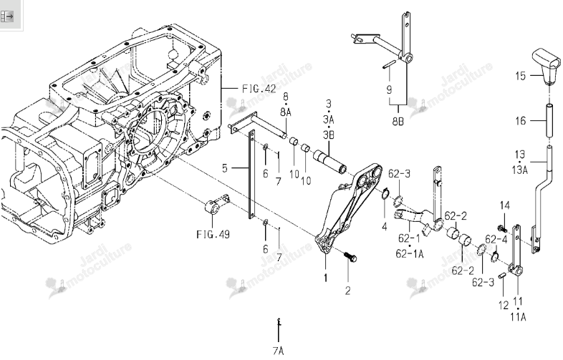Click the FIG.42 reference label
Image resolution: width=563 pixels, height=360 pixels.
[x=259, y=88]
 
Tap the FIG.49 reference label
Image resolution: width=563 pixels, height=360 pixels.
[x=213, y=235]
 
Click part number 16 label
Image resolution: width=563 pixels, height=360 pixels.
[x=521, y=121]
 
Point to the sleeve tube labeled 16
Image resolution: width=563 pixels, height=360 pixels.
[x=549, y=120]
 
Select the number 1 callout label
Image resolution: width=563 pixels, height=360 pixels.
[x=326, y=278]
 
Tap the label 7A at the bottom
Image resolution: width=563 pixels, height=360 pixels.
[x=278, y=350]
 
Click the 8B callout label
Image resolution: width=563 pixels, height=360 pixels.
[x=398, y=122]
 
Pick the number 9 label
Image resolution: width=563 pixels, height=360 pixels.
[x=389, y=89]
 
